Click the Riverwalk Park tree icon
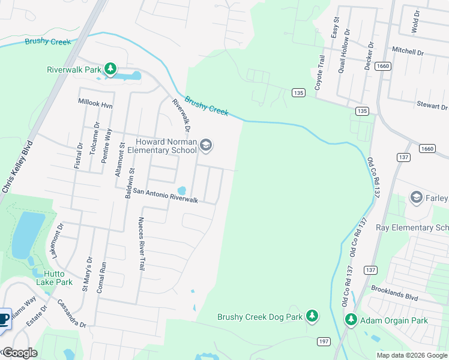(x=110, y=70)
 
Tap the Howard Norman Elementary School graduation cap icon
(x=206, y=146)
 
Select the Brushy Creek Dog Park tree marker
(x=312, y=316)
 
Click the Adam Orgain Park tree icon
(x=351, y=320)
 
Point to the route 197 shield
(x=324, y=341)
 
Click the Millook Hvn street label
(x=95, y=103)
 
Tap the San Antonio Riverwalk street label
(x=165, y=196)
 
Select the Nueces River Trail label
(x=142, y=244)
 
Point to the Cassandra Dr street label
(x=71, y=314)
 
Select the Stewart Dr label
(x=432, y=106)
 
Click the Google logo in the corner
(x=20, y=353)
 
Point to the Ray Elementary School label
(x=412, y=227)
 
